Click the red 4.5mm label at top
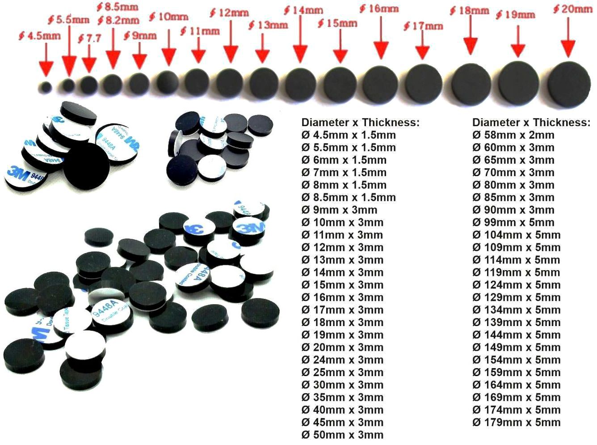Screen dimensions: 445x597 pos(40,36)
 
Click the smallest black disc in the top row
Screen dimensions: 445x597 pos(45,86)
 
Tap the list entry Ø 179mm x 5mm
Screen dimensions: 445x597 pos(516,422)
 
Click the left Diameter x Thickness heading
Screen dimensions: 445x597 pos(361,123)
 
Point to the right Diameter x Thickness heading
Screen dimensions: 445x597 pos(531,123)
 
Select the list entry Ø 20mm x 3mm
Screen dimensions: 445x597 pos(342,347)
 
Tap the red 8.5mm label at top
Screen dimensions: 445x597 pos(118,7)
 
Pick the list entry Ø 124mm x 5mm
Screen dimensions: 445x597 pos(516,285)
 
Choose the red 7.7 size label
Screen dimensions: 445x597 pos(89,38)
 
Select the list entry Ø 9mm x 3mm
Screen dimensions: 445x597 pos(339,210)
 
